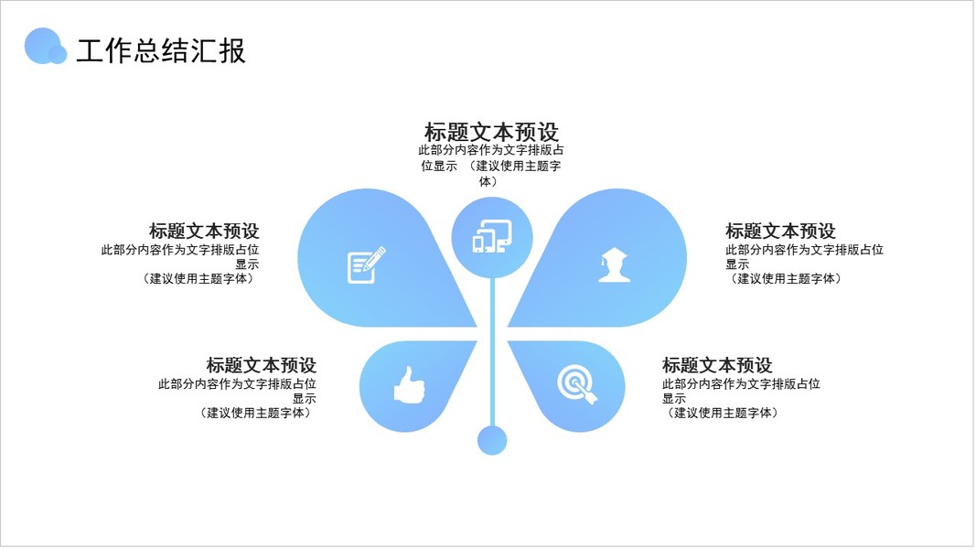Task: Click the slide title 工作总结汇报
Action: (x=161, y=51)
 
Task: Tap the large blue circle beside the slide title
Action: (x=41, y=45)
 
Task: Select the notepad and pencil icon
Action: (x=366, y=265)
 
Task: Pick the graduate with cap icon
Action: (x=614, y=264)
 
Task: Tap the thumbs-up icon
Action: (x=409, y=384)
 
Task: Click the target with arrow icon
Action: (x=576, y=383)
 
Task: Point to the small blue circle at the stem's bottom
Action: (x=492, y=440)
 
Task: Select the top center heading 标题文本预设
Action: (x=491, y=132)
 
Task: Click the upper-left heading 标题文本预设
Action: (x=204, y=231)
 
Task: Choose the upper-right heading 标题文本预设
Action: (x=780, y=231)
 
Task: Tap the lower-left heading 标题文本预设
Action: (x=262, y=365)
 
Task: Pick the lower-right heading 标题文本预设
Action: (x=717, y=365)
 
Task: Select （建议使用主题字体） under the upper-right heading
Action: (x=786, y=279)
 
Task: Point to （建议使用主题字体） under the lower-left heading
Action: (x=255, y=413)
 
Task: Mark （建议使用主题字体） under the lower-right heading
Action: (x=723, y=413)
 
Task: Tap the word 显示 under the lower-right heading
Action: (x=674, y=399)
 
